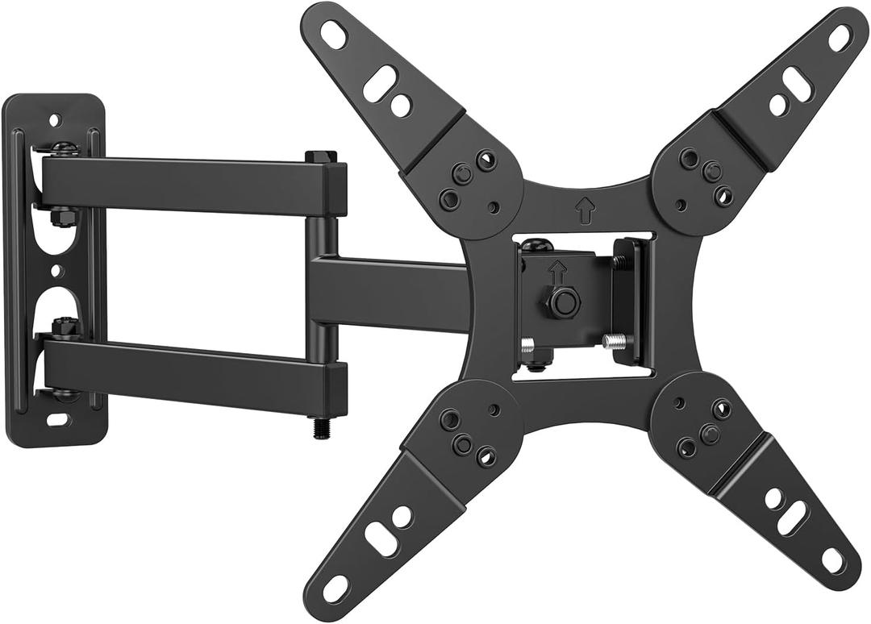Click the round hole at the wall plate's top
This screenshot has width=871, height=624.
pos(54,119)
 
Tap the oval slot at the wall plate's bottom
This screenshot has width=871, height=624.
pos(56,419)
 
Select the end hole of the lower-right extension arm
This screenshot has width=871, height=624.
pos(832,558)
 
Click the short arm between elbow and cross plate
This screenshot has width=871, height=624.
pos(387,293)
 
